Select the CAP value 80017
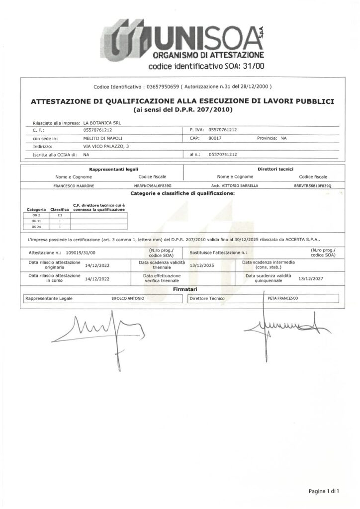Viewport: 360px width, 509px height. click(215, 138)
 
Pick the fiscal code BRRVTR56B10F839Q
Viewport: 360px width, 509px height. click(312, 185)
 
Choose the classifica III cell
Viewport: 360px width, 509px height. click(60, 215)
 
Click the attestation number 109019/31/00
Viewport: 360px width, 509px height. click(77, 253)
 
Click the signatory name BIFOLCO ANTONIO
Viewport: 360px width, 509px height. click(129, 298)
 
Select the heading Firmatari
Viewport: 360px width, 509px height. click(184, 289)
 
